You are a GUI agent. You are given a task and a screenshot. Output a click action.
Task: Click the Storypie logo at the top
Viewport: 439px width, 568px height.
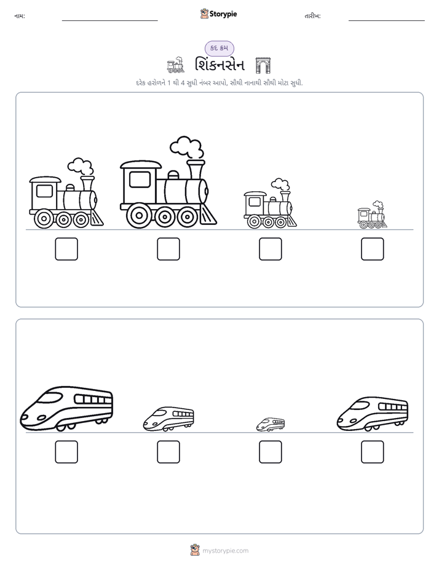point(218,14)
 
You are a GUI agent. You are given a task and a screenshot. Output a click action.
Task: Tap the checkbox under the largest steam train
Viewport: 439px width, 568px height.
point(168,249)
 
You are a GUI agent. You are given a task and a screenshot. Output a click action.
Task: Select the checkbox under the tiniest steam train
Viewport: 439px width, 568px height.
point(373,249)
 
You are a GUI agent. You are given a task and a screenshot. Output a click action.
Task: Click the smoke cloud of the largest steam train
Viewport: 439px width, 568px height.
point(186,147)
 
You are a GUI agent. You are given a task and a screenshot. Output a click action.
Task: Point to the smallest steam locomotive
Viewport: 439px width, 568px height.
point(372,215)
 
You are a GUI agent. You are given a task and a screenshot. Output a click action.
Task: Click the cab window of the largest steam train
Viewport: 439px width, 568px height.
point(140,179)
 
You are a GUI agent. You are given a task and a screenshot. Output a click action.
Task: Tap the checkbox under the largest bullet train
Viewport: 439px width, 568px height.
point(66,452)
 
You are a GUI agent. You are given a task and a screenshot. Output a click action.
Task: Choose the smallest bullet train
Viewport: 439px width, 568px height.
point(271,424)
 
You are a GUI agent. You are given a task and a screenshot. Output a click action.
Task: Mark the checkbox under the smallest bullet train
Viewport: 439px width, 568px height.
point(270,452)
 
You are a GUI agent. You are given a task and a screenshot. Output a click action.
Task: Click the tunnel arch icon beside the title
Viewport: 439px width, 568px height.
point(263,66)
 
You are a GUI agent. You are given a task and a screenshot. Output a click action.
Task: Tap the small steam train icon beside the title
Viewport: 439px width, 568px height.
point(176,65)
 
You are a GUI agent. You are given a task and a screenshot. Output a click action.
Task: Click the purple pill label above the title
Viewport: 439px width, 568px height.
point(219,48)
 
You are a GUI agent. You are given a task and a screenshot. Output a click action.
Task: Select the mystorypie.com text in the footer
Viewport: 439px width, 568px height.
point(225,551)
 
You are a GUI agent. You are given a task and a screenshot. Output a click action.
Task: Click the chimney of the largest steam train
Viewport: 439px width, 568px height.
point(196,170)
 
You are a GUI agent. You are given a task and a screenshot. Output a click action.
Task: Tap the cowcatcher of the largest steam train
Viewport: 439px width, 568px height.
point(210,215)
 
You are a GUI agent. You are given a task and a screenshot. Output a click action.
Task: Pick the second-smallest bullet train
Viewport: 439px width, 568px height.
point(168,419)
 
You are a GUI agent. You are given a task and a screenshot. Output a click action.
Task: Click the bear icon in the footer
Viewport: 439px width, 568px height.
point(195,550)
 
